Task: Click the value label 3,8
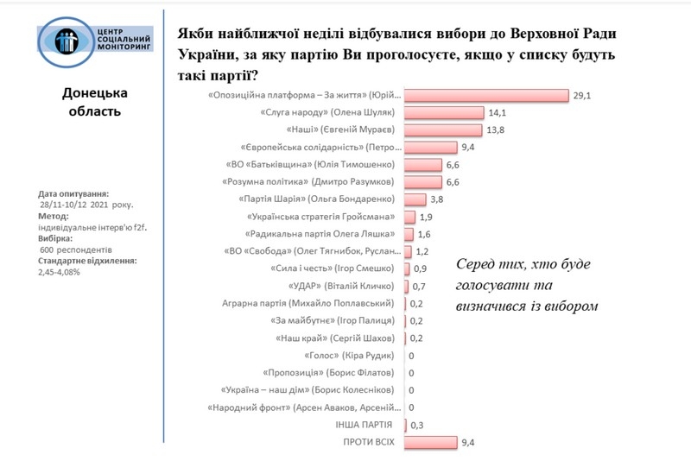click(437, 199)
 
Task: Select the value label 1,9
click(426, 216)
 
